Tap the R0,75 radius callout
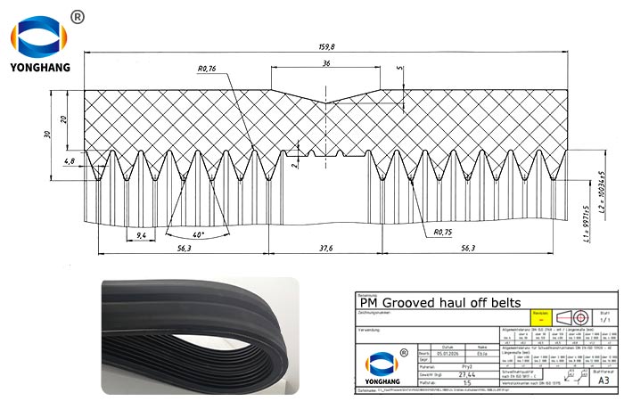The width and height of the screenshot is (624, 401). (443, 233)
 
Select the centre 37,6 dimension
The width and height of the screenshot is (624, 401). (326, 250)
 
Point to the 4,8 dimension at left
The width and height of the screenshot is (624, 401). (70, 161)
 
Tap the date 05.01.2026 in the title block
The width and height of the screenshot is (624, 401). (447, 353)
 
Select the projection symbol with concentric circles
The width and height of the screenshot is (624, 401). (580, 316)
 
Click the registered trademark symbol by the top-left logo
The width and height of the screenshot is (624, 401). (78, 16)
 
